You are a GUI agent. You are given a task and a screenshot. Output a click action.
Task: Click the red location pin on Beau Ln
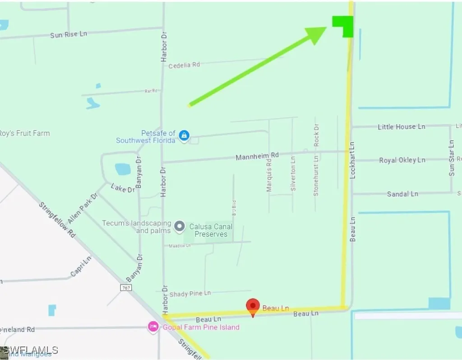tap(253, 307)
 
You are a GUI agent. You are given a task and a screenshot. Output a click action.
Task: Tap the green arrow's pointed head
tap(318, 34)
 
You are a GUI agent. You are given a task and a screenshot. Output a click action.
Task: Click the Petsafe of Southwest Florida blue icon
tap(184, 135)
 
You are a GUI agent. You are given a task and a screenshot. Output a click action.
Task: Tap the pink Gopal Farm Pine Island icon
tap(153, 327)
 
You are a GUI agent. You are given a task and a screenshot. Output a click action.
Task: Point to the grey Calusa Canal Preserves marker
tap(180, 226)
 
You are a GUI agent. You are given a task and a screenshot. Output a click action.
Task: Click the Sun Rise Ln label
tap(69, 34)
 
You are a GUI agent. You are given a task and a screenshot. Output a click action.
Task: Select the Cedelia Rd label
tap(184, 65)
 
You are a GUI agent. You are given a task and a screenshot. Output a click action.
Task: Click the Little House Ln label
tap(402, 127)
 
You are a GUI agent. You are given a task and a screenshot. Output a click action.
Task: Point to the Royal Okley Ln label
tap(402, 160)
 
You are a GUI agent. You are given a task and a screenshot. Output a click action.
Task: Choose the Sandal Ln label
tap(402, 194)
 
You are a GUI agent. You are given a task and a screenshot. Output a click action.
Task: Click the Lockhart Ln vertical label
tap(353, 160)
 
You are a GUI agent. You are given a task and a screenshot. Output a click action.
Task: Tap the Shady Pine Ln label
tap(190, 294)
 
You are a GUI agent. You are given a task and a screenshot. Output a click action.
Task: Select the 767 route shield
tap(126, 287)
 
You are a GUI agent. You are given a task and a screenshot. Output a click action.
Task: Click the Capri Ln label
tap(81, 266)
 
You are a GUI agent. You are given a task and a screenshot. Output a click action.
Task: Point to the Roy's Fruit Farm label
tap(24, 134)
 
